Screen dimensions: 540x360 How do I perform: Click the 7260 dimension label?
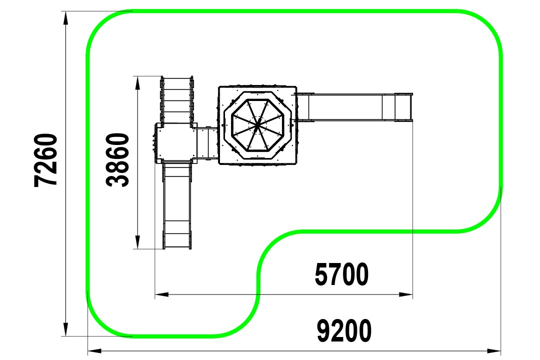45,160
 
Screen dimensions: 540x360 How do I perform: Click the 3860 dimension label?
117,160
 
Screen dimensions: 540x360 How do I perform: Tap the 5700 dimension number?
341,274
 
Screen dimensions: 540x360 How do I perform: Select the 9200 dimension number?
344,330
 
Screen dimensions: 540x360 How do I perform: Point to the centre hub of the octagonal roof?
257,125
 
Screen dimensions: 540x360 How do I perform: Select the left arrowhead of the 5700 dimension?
161,294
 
